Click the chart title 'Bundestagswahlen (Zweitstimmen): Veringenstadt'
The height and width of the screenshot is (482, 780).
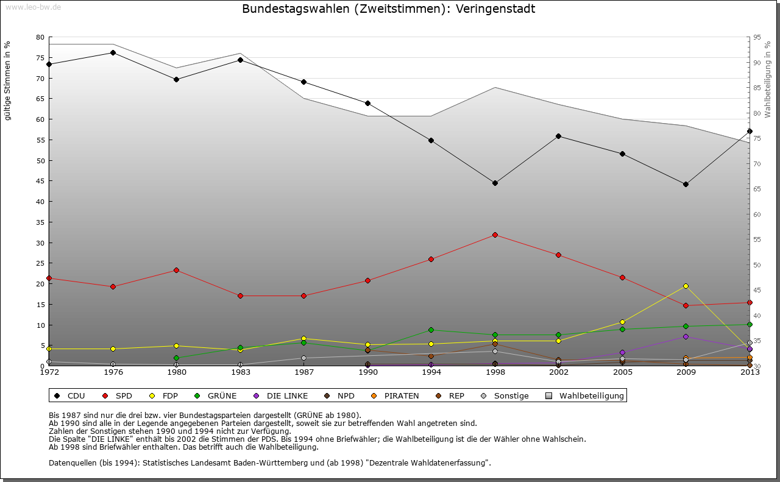[388, 9]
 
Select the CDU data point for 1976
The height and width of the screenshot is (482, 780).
[113, 52]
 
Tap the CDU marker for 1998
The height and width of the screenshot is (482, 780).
[495, 183]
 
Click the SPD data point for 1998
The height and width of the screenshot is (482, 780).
[495, 235]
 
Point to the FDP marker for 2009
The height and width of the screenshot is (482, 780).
[686, 286]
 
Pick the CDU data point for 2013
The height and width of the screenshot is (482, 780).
[750, 131]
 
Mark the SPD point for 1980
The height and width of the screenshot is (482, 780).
[176, 270]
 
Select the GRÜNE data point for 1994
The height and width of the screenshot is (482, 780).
[431, 330]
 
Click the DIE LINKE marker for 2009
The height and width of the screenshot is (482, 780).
[686, 336]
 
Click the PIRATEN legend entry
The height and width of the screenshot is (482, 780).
[395, 396]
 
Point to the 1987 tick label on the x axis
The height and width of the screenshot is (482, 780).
[303, 372]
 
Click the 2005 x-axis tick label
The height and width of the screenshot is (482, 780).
[622, 372]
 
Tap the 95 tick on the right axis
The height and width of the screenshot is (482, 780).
[757, 37]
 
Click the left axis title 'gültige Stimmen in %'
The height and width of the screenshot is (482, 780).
[8, 80]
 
